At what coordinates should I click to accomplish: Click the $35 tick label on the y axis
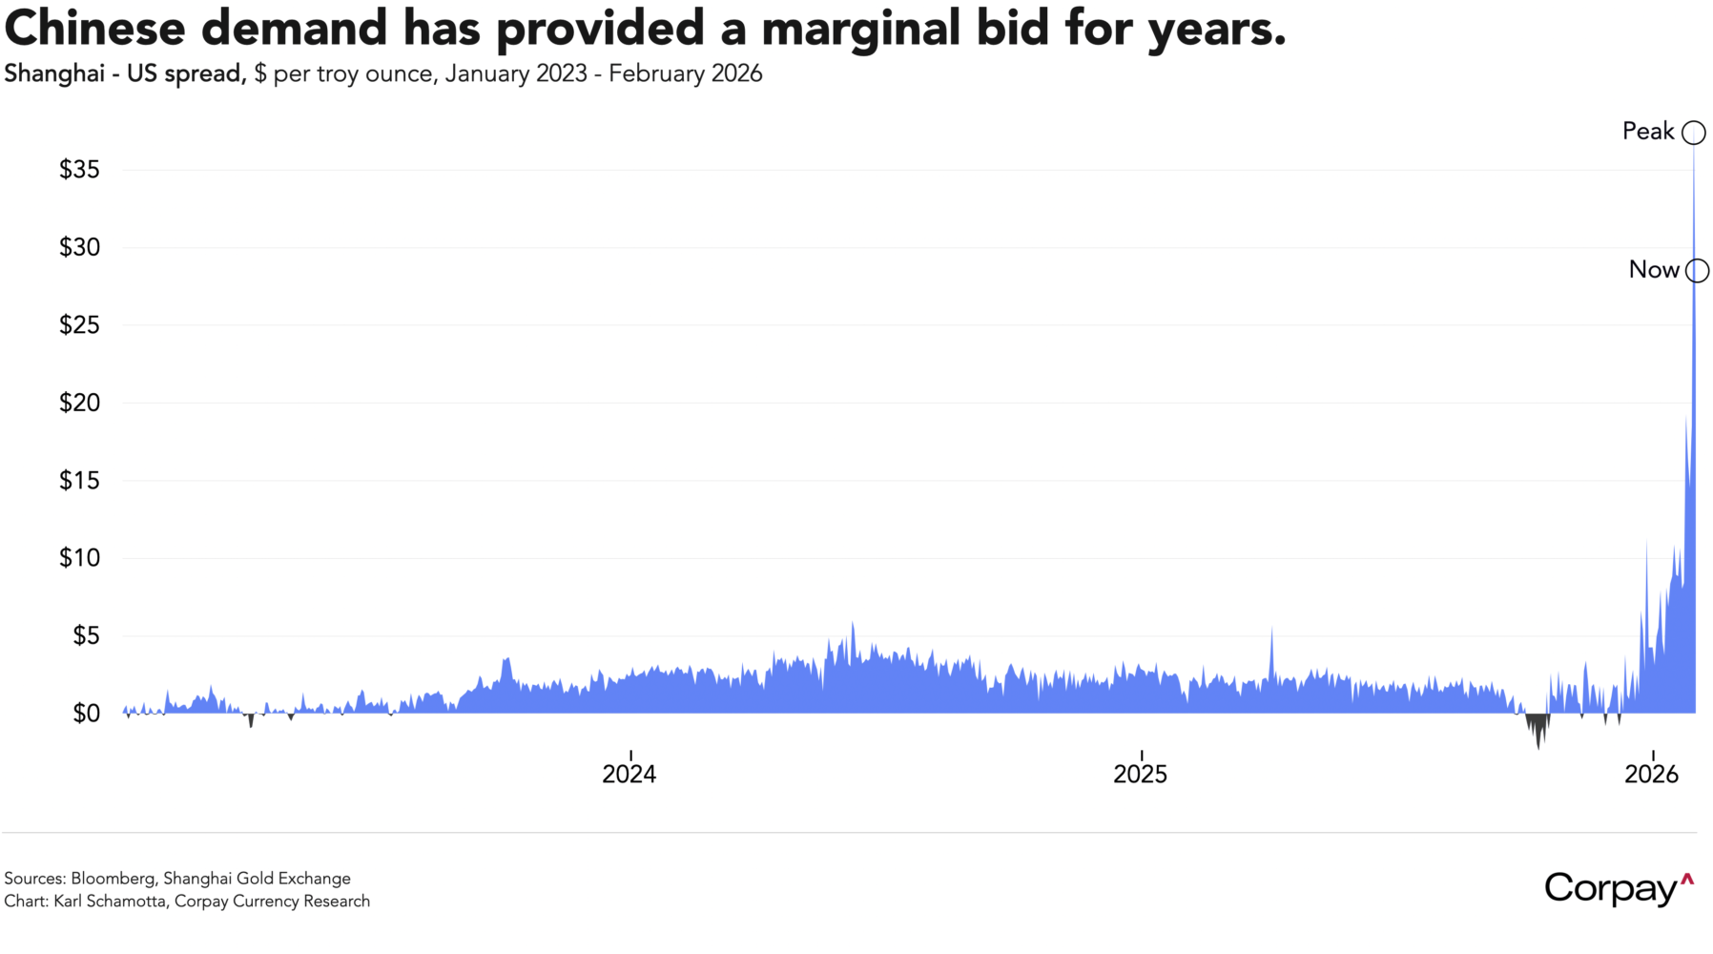[x=79, y=170]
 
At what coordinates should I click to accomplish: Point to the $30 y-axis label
[x=79, y=248]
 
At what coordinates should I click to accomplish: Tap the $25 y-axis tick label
[x=79, y=325]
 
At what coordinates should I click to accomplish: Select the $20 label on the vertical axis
[x=79, y=403]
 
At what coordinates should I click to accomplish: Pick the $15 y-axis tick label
[x=79, y=481]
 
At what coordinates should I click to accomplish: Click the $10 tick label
[x=79, y=558]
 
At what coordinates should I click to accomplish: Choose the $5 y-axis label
[x=86, y=636]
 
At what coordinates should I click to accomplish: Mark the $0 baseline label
[x=86, y=714]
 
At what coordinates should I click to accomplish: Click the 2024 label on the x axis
[x=629, y=774]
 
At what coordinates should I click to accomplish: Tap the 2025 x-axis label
[x=1141, y=774]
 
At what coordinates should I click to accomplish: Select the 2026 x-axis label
[x=1652, y=774]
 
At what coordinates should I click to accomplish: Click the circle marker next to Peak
[x=1694, y=133]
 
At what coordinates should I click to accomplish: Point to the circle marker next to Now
[x=1698, y=271]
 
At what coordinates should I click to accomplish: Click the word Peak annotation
[x=1648, y=132]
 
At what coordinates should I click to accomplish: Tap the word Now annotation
[x=1654, y=270]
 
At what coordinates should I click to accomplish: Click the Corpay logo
[x=1619, y=888]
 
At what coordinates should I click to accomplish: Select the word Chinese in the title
[x=94, y=29]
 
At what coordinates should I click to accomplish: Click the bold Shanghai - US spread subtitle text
[x=124, y=74]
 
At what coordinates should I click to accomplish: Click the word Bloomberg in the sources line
[x=113, y=879]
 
